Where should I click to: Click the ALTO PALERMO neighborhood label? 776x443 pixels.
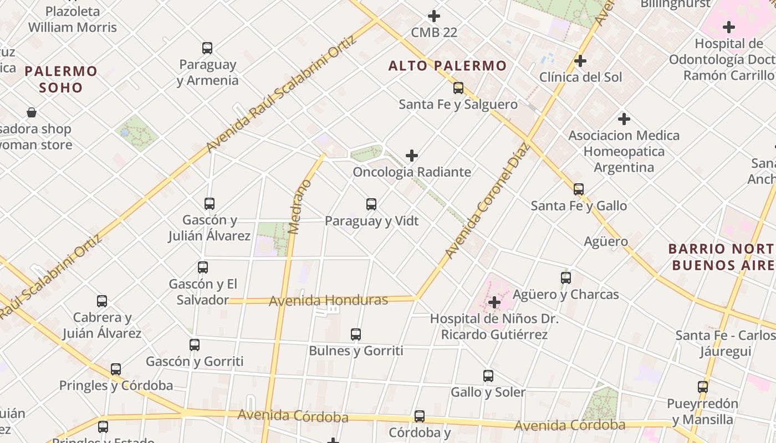tap(447, 66)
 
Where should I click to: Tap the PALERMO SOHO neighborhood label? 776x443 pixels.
tap(61, 79)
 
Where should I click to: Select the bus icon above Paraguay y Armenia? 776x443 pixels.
tap(207, 48)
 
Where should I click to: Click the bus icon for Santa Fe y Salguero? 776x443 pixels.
tap(458, 87)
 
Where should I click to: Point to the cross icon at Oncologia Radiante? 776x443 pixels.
tap(412, 156)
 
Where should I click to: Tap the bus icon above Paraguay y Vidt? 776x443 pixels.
tap(371, 204)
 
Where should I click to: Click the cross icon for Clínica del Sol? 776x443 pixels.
tap(580, 60)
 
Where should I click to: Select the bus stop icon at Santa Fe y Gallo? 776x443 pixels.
tap(579, 189)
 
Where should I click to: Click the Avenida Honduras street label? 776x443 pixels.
tap(328, 301)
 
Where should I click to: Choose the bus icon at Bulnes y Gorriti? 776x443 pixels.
tap(356, 334)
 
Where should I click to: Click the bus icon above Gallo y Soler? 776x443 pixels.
tap(488, 376)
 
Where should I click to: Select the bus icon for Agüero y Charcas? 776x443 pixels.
tap(566, 278)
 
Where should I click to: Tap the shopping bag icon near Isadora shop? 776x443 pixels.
tap(32, 113)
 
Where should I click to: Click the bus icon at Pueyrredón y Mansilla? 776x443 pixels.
tap(703, 387)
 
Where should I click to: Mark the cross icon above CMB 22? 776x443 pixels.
tap(434, 16)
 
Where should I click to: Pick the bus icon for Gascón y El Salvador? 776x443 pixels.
tap(203, 267)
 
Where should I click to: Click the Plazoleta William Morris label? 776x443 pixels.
tap(73, 19)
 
